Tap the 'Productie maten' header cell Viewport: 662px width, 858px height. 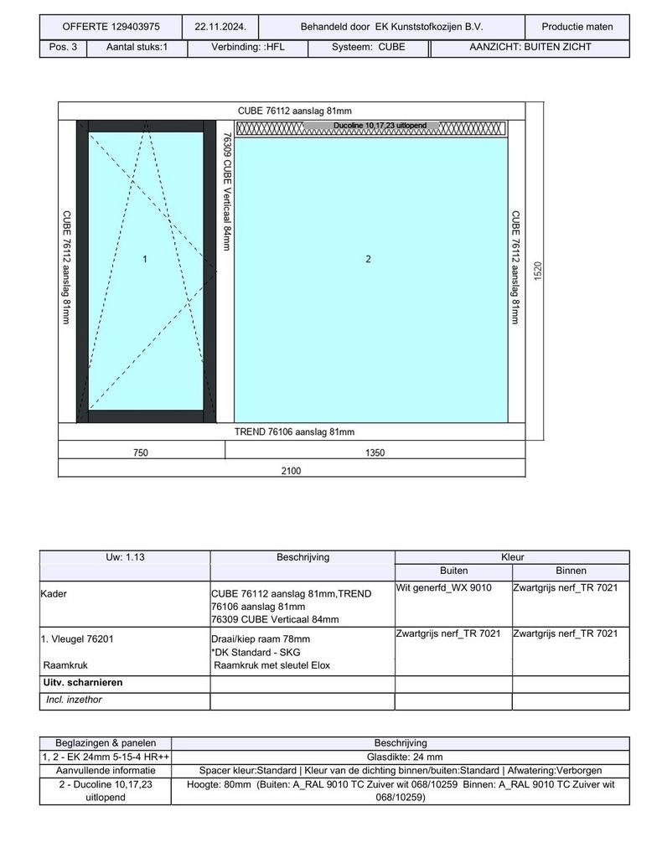577,27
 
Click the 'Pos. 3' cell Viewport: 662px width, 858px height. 63,47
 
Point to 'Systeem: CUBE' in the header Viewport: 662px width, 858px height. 368,47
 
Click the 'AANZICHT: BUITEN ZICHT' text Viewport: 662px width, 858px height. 530,47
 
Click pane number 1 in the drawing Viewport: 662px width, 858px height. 145,260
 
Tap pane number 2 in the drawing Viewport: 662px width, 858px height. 368,260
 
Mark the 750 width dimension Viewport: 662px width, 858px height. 141,452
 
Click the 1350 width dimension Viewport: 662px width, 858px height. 375,452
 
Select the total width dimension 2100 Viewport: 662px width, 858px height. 291,471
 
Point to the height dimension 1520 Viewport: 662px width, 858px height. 538,271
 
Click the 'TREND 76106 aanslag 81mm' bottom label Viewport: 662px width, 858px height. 294,432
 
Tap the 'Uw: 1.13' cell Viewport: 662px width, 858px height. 124,557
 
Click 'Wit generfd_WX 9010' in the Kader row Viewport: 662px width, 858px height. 444,587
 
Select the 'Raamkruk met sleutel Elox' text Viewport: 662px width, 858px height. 272,665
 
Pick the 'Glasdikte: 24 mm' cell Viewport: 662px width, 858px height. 400,757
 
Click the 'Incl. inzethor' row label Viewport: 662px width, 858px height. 75,700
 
